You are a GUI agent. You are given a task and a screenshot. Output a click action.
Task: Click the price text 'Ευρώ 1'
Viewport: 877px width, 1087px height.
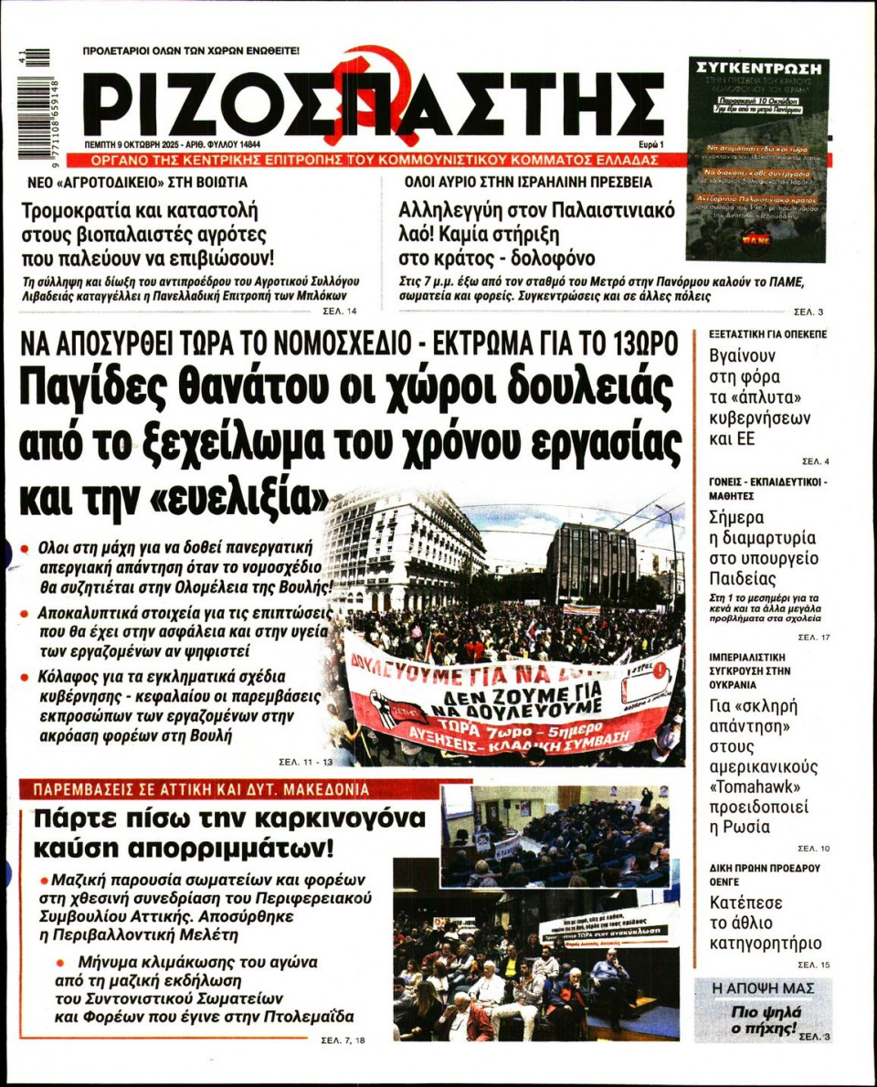[x=651, y=144]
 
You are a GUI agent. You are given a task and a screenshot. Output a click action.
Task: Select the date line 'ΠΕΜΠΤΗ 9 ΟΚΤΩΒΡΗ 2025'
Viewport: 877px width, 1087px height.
[x=140, y=144]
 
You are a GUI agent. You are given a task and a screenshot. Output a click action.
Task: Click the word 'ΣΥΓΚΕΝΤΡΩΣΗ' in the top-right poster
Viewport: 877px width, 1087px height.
[x=757, y=69]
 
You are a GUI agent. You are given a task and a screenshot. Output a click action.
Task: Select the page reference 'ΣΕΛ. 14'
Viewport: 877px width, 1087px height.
[x=340, y=311]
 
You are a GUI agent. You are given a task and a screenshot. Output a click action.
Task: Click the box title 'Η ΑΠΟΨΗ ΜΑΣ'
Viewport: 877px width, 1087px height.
[x=763, y=987]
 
